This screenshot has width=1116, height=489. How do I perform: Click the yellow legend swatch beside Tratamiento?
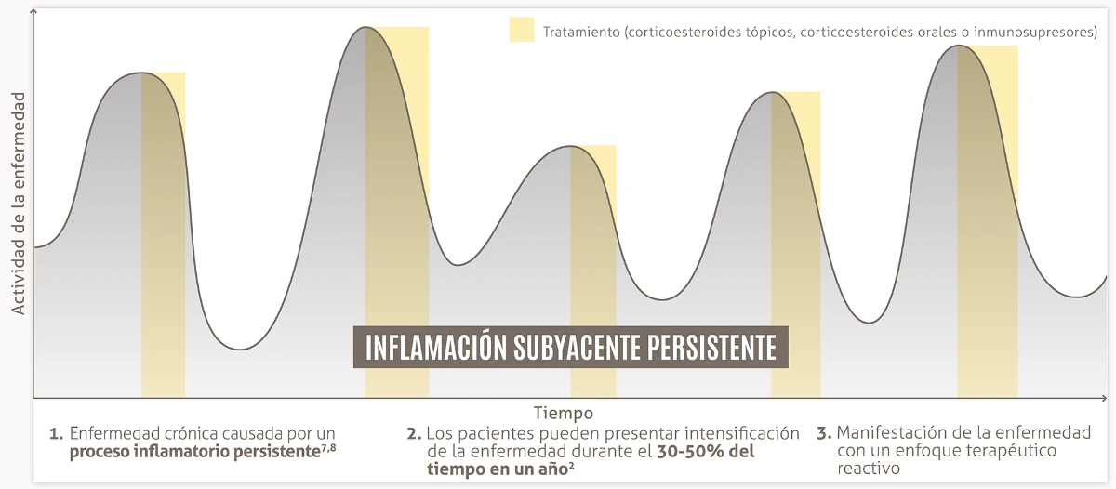point(521,30)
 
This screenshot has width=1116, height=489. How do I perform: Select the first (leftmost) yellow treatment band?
point(164,279)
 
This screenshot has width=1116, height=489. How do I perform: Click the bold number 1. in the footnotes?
point(57,434)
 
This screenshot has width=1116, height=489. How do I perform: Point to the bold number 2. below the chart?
point(414,434)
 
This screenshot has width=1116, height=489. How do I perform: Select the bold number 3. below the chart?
point(823,434)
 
